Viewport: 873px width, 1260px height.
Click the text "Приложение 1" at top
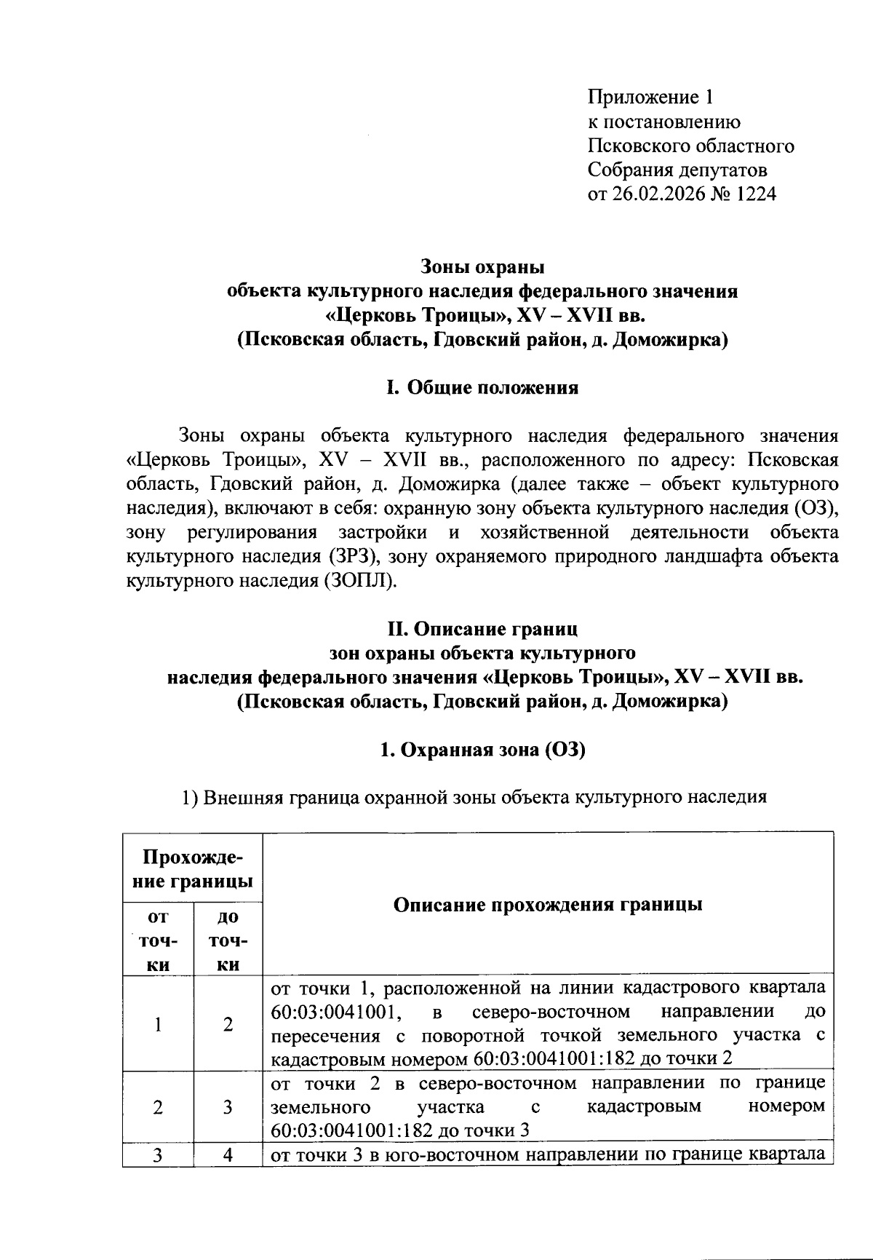651,97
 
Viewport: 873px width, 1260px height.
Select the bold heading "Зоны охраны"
482,266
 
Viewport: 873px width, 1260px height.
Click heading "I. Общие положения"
482,387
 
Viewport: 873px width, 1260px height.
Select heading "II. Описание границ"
482,627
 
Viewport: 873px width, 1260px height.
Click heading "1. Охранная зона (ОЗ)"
482,750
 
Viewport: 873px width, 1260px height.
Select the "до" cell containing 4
228,1155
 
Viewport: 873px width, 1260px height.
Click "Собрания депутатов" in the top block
677,170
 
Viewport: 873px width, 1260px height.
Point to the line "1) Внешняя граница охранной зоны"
473,797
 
